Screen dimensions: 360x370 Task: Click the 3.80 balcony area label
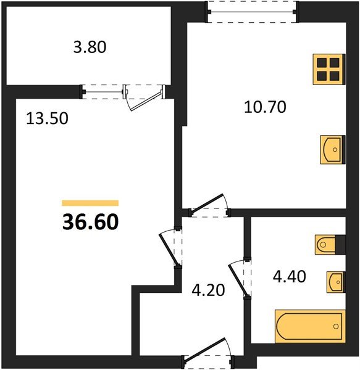pyautogui.click(x=90, y=47)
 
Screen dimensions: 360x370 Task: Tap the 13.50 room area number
pyautogui.click(x=48, y=118)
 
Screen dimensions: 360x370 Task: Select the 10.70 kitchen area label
pyautogui.click(x=265, y=107)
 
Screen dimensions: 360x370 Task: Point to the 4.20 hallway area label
pyautogui.click(x=208, y=290)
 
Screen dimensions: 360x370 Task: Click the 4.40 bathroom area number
pyautogui.click(x=290, y=276)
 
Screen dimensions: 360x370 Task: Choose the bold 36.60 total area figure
pyautogui.click(x=91, y=222)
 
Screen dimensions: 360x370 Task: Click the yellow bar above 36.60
pyautogui.click(x=90, y=203)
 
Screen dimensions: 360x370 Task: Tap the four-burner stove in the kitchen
pyautogui.click(x=329, y=69)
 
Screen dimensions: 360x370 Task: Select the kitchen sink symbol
pyautogui.click(x=333, y=150)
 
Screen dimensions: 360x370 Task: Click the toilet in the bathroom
pyautogui.click(x=325, y=245)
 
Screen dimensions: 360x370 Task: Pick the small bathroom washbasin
pyautogui.click(x=336, y=282)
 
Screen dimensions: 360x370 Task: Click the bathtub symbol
pyautogui.click(x=310, y=326)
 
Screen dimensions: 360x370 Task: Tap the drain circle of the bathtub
pyautogui.click(x=336, y=327)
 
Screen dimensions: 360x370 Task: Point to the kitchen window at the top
pyautogui.click(x=251, y=12)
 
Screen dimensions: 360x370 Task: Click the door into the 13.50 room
pyautogui.click(x=169, y=250)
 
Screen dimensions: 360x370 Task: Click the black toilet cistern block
pyautogui.click(x=340, y=245)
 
